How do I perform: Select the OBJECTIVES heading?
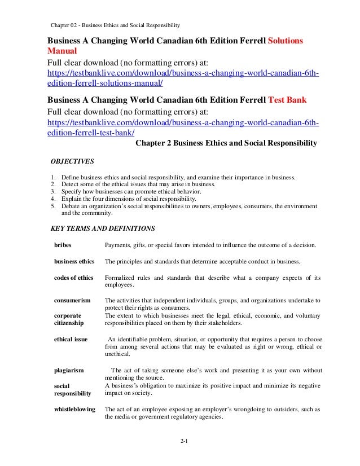pos(73,160)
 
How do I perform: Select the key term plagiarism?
pos(69,370)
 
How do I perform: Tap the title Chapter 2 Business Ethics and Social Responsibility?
pos(227,143)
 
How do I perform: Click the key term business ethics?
pos(74,262)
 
